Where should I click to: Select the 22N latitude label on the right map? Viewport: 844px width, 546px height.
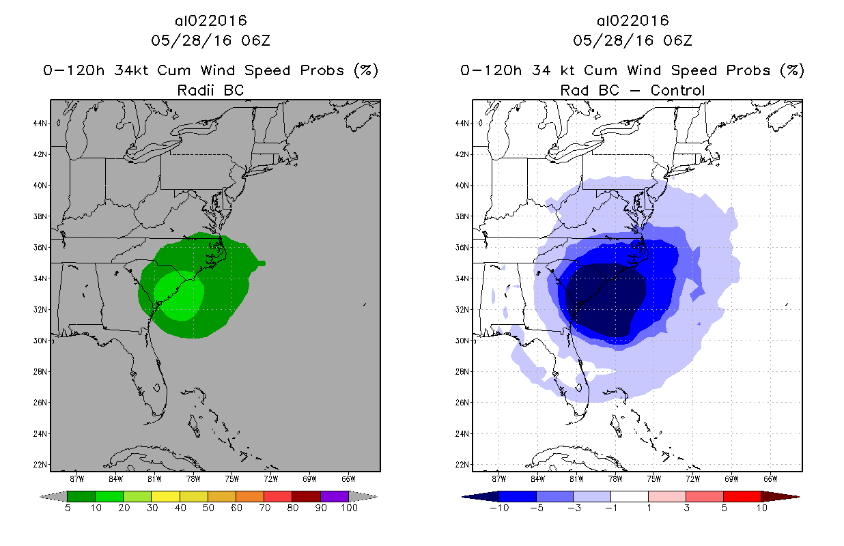462,465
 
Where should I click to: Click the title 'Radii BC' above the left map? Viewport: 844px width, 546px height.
210,90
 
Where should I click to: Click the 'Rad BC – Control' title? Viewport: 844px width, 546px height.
632,90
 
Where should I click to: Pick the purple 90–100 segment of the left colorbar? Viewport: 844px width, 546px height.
335,496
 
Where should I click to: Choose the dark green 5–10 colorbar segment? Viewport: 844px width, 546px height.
81,496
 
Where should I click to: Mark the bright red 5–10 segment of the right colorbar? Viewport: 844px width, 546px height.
742,496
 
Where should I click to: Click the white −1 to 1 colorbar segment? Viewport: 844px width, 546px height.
630,496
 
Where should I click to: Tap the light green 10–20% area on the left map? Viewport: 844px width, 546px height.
179,296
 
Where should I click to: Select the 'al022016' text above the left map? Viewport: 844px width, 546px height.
210,21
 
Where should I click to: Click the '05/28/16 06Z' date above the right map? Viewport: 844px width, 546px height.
632,41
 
